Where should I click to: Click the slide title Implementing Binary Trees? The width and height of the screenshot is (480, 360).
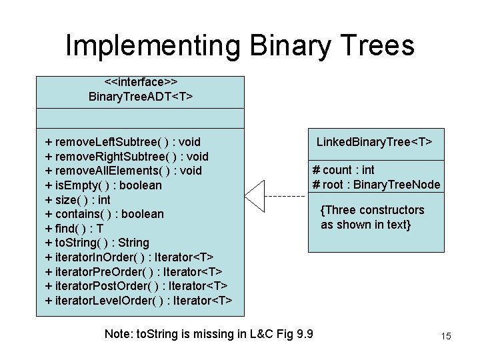pyautogui.click(x=240, y=45)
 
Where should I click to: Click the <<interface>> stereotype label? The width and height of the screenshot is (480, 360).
pyautogui.click(x=141, y=82)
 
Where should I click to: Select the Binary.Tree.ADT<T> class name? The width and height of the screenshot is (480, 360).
pyautogui.click(x=141, y=97)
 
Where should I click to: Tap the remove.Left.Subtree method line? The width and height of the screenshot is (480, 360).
pyautogui.click(x=123, y=142)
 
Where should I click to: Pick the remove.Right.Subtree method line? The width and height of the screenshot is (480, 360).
pyautogui.click(x=127, y=157)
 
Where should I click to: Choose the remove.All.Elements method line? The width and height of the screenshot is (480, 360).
pyautogui.click(x=123, y=171)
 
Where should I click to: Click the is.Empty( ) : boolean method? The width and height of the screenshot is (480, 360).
pyautogui.click(x=103, y=185)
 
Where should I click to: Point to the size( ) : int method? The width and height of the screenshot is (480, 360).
pyautogui.click(x=78, y=199)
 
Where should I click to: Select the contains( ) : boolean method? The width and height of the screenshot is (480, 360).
pyautogui.click(x=104, y=214)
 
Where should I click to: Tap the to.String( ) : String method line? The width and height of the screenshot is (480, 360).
pyautogui.click(x=97, y=243)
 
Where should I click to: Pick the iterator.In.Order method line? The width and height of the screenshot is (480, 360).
pyautogui.click(x=129, y=257)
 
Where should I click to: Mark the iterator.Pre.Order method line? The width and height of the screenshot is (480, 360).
pyautogui.click(x=133, y=271)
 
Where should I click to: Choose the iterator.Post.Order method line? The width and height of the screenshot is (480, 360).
pyautogui.click(x=136, y=286)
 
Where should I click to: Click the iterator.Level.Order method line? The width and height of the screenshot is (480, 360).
pyautogui.click(x=139, y=301)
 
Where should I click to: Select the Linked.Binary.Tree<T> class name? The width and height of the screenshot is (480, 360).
pyautogui.click(x=374, y=142)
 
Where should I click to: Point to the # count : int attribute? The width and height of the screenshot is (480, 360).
pyautogui.click(x=343, y=170)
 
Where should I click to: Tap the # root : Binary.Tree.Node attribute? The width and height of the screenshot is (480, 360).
pyautogui.click(x=376, y=185)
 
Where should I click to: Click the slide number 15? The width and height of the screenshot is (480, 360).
pyautogui.click(x=446, y=336)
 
